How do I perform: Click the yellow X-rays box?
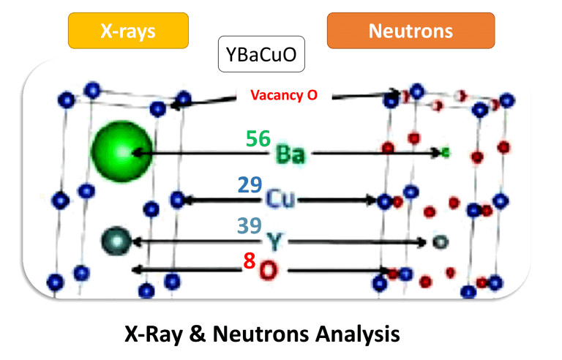tap(128, 31)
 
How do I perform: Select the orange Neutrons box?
tap(411, 31)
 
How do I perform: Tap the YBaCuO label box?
tap(261, 55)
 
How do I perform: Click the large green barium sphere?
tap(122, 151)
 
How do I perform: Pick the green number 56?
tap(258, 138)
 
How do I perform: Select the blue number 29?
tap(251, 184)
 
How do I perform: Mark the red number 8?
tap(249, 260)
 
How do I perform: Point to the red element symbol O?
tap(269, 271)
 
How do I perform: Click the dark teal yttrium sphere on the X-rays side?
tap(114, 239)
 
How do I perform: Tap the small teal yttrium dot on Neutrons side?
tap(438, 240)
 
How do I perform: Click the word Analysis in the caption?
tap(359, 334)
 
